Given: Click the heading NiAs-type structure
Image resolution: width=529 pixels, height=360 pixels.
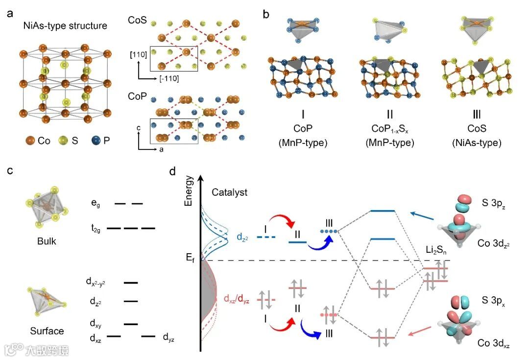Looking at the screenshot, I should click(65, 25).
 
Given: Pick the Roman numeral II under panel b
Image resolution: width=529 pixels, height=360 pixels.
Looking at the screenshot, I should click(392, 115).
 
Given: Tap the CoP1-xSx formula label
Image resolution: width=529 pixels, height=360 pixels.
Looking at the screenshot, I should click(392, 130).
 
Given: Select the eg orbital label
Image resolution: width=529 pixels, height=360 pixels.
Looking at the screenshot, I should click(96, 202).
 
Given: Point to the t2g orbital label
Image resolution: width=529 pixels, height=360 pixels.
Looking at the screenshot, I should click(96, 228).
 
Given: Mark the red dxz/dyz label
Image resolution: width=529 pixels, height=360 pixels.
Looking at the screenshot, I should click(237, 299).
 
